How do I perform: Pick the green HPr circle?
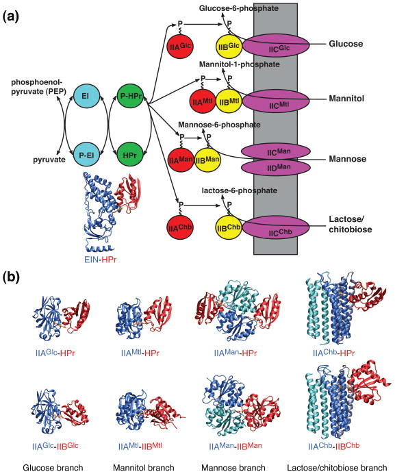(x=127, y=147)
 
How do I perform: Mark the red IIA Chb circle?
(x=180, y=226)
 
